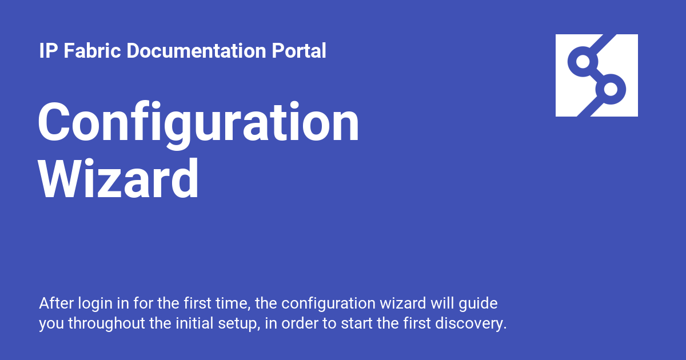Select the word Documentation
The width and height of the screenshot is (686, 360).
(196, 50)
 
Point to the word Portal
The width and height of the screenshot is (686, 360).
(298, 50)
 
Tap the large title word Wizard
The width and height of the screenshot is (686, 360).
(118, 179)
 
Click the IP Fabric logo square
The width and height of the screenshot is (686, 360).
(597, 75)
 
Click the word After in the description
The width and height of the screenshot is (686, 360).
(57, 303)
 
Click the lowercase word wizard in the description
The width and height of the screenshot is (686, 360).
(402, 303)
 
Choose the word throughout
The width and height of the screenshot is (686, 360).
(106, 323)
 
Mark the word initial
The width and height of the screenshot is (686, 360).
(194, 323)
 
